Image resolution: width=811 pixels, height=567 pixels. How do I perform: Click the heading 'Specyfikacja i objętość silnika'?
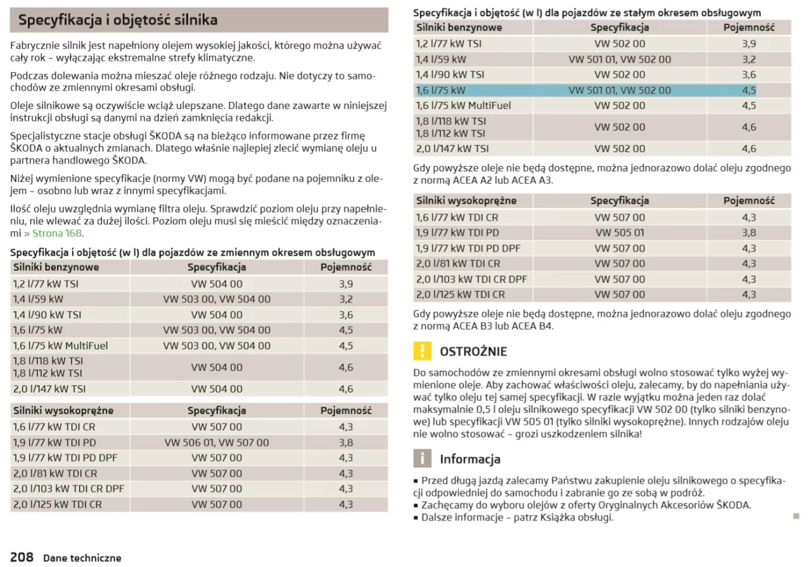pos(118,20)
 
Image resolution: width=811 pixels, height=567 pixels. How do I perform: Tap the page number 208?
pos(22,557)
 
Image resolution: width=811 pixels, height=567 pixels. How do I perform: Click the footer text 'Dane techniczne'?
pos(82,558)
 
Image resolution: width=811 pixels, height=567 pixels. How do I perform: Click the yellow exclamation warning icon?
pos(421,351)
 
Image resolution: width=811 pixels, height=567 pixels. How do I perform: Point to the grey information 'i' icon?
pos(421,458)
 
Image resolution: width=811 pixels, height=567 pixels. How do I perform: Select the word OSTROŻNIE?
pos(473,351)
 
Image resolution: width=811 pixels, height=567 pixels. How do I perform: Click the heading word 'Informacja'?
pos(470,459)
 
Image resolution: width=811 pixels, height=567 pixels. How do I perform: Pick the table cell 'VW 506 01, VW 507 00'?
pos(217,443)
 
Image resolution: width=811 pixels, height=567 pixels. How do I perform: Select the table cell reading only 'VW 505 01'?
pos(620,233)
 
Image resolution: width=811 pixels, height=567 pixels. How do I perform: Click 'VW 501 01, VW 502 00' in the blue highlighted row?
pos(620,90)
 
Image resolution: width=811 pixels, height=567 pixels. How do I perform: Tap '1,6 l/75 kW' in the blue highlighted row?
pos(440,90)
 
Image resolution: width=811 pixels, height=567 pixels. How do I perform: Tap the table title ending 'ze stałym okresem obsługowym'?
pos(587,13)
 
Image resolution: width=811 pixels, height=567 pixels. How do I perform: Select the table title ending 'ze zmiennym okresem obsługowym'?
pos(193,252)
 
